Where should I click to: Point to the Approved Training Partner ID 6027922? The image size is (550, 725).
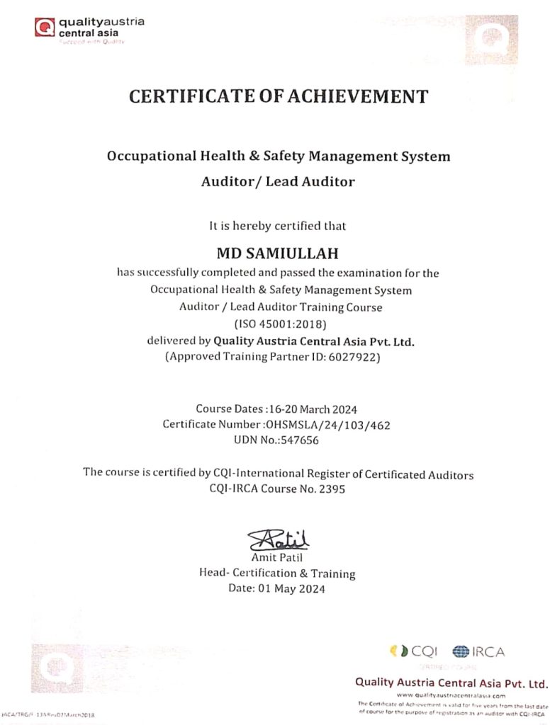(x=355, y=358)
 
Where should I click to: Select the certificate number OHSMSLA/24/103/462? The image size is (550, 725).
(x=327, y=425)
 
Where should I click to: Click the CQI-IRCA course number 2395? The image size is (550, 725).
(x=327, y=489)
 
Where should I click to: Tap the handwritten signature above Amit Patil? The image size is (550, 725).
(x=278, y=541)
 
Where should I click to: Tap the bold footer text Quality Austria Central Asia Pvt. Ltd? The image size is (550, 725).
(x=451, y=683)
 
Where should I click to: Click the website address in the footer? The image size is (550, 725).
(x=451, y=695)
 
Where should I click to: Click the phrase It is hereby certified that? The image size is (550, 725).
(x=278, y=227)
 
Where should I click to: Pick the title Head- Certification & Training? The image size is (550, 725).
(x=278, y=574)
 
